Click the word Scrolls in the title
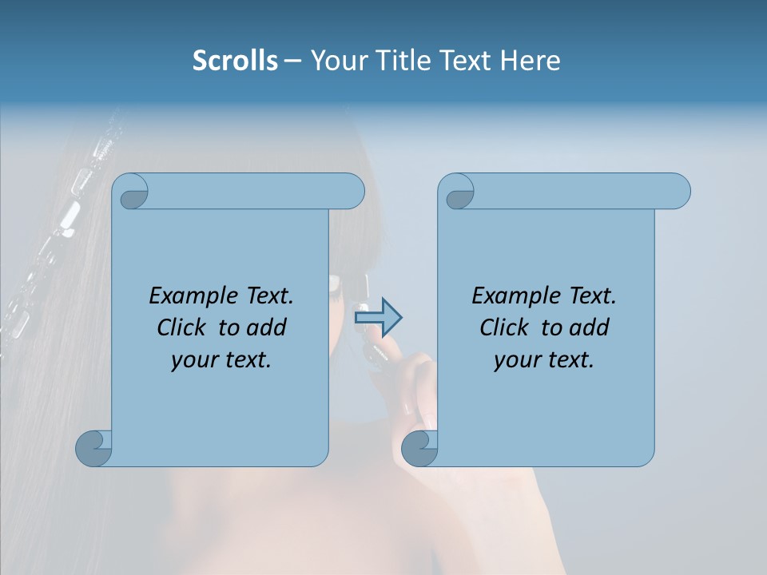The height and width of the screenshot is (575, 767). [235, 61]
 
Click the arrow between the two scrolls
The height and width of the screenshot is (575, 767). [378, 318]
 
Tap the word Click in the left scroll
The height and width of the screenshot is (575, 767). [183, 327]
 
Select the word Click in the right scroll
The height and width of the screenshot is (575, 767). [506, 327]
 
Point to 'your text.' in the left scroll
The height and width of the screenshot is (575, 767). [221, 360]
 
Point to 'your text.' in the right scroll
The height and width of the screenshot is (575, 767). [544, 360]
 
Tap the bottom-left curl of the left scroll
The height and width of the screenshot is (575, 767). [93, 448]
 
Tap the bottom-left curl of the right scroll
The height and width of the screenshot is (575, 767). [419, 448]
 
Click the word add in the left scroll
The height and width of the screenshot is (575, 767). [266, 327]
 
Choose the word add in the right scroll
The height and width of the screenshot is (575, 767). [589, 327]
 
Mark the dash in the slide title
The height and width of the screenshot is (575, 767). [292, 61]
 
